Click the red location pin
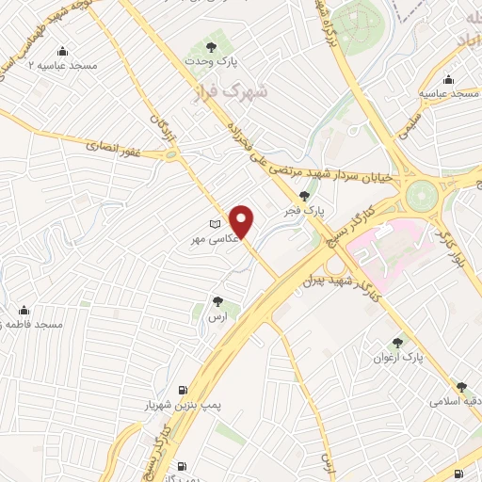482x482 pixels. tap(243, 221)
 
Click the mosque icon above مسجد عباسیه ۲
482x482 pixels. tap(62, 51)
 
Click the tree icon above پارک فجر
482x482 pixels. tap(304, 195)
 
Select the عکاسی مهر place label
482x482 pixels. tap(208, 241)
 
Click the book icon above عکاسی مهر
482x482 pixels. tap(216, 224)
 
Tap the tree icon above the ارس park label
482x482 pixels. tap(218, 302)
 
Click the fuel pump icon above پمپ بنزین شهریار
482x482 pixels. tap(182, 389)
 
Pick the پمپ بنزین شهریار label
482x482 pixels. tap(174, 405)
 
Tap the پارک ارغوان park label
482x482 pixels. tap(398, 358)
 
